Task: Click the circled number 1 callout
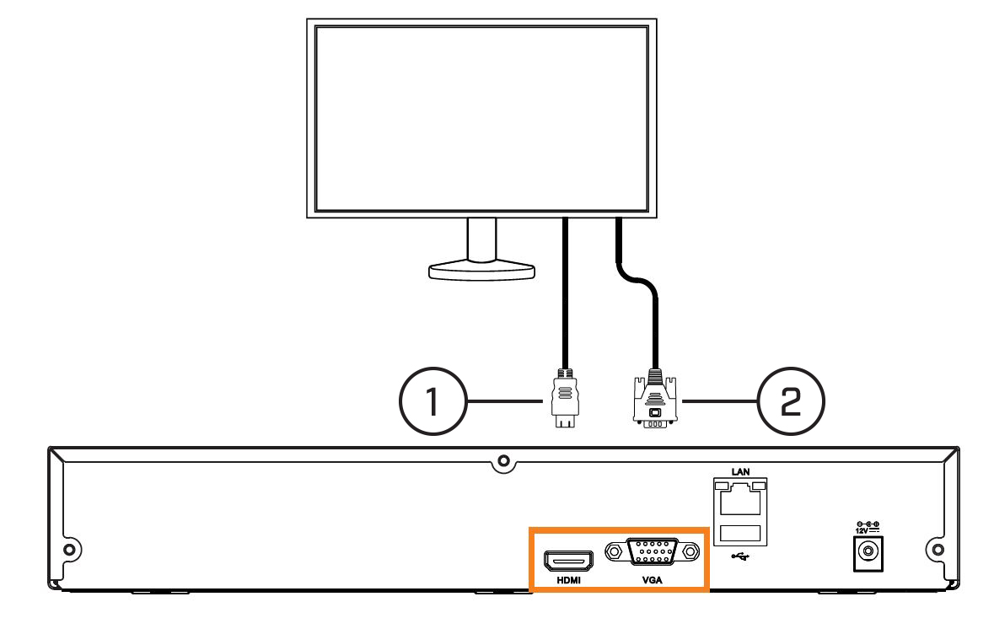tap(433, 401)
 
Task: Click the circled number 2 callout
tap(791, 401)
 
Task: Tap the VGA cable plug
tap(655, 399)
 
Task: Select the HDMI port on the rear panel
tap(568, 561)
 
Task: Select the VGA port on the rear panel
tap(653, 551)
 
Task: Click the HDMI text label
tap(568, 580)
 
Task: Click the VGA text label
tap(653, 580)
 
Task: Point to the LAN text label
tap(740, 471)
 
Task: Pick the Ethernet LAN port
tap(740, 498)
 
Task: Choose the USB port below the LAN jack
tap(740, 533)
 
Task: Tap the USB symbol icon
tap(740, 556)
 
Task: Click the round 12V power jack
tap(868, 552)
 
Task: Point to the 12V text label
tap(862, 530)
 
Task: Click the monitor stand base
tap(481, 271)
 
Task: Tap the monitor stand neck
tap(481, 239)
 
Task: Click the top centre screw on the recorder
tap(503, 461)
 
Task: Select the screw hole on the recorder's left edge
tap(70, 549)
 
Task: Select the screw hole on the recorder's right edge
tap(938, 549)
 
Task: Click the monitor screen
tap(481, 119)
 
